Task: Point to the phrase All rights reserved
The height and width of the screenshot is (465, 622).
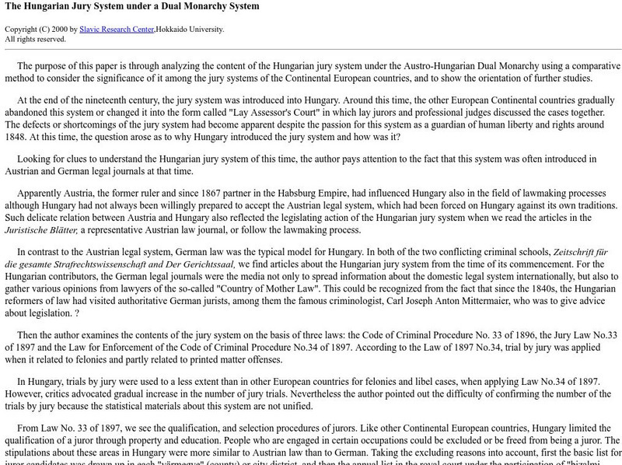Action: pos(36,39)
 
